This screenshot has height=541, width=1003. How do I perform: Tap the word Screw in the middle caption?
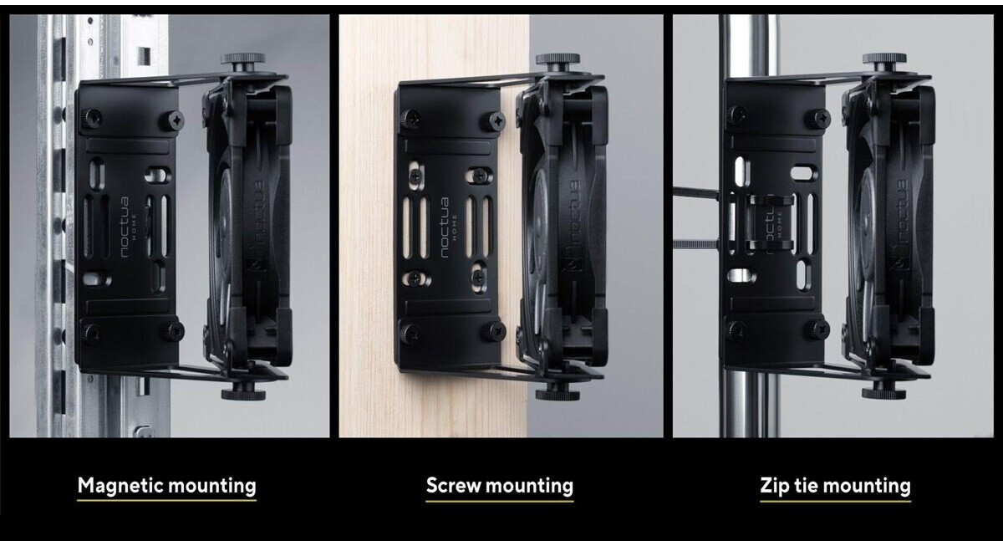pos(453,486)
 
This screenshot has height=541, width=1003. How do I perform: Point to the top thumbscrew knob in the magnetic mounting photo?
pos(243,59)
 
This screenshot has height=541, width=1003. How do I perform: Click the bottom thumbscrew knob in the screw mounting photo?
pos(558,395)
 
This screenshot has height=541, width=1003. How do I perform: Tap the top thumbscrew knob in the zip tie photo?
pos(885,59)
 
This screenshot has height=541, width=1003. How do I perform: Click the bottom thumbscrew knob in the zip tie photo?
pos(884,394)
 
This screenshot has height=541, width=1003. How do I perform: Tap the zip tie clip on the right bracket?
pos(771,222)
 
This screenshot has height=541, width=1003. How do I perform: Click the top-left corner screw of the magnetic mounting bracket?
pos(91,119)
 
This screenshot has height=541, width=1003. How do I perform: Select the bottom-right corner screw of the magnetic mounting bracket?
pos(174,330)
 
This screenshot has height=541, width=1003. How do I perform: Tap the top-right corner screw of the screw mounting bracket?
pos(493,121)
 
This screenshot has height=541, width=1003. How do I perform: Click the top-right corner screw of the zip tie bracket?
pos(817,119)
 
